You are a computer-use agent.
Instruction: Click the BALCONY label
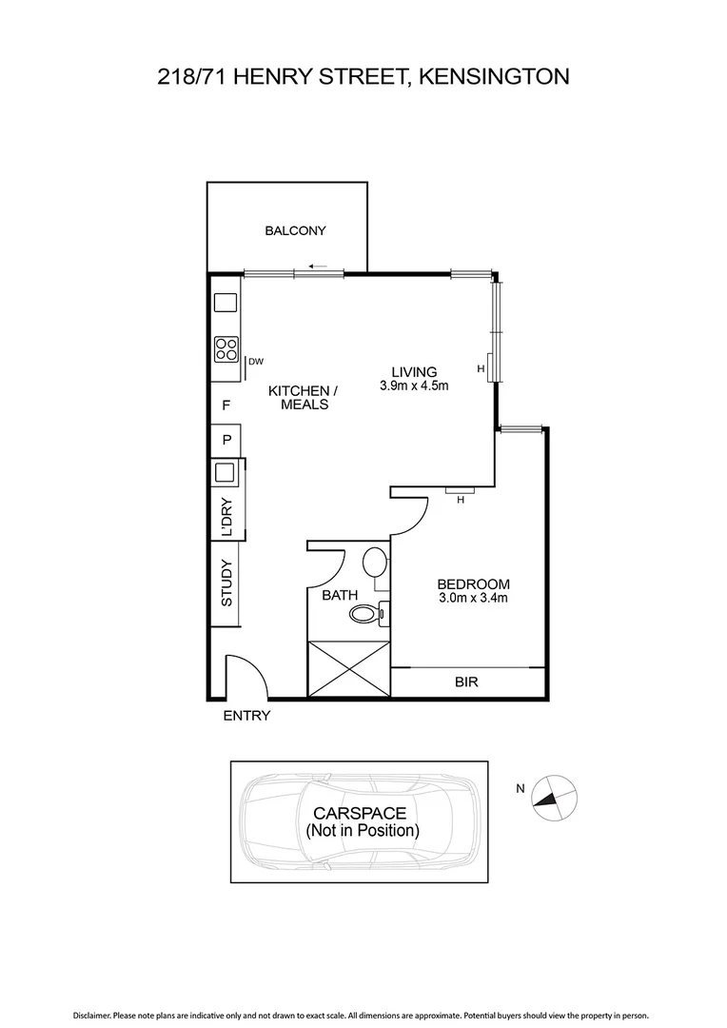point(295,230)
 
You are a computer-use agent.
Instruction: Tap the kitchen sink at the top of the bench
point(226,303)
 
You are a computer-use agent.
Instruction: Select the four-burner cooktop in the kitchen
point(226,348)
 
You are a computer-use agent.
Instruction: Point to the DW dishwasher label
point(255,361)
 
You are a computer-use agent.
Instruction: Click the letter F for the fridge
point(226,405)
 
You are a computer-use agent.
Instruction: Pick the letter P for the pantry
point(226,440)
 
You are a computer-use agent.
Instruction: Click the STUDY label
point(226,583)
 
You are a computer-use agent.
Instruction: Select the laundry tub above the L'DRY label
point(226,472)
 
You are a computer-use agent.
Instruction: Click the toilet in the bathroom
point(364,614)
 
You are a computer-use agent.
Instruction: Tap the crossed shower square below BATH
point(349,670)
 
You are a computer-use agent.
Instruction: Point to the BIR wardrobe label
point(466,682)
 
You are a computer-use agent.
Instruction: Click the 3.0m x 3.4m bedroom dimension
point(473,598)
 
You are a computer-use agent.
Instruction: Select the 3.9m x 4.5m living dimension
point(413,385)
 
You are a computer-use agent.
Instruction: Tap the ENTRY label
point(246,716)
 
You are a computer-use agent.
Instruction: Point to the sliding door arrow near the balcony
point(320,266)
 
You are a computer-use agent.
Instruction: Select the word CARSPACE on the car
point(361,813)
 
